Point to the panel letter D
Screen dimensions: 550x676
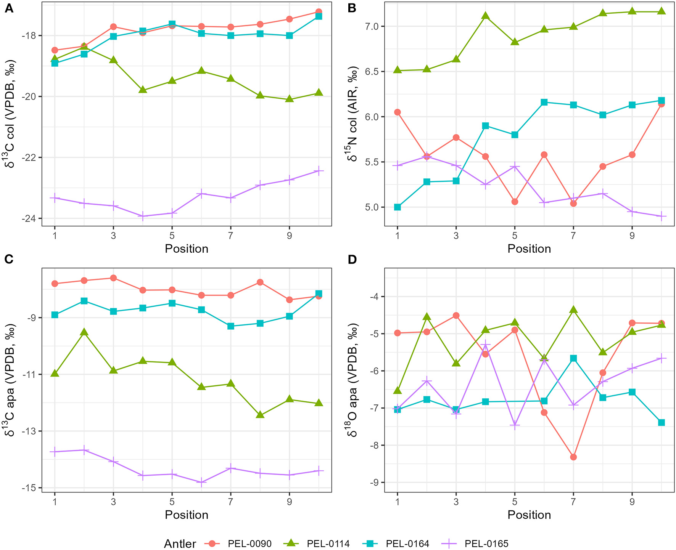pyautogui.click(x=352, y=260)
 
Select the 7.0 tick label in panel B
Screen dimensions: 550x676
pyautogui.click(x=372, y=26)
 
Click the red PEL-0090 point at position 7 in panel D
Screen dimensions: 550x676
pyautogui.click(x=573, y=457)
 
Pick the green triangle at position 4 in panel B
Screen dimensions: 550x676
pyautogui.click(x=486, y=16)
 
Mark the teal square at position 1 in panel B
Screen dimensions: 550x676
pyautogui.click(x=398, y=207)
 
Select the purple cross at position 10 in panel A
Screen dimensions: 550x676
pyautogui.click(x=319, y=171)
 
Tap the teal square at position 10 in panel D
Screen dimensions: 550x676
pyautogui.click(x=662, y=422)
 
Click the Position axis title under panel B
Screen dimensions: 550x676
pyautogui.click(x=529, y=249)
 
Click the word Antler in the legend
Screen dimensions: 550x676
pyautogui.click(x=180, y=544)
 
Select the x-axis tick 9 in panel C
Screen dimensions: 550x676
pyautogui.click(x=289, y=502)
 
